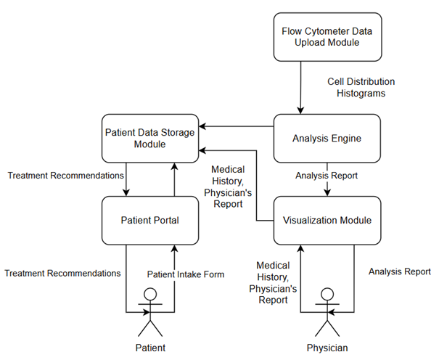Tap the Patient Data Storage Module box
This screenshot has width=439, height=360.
click(151, 138)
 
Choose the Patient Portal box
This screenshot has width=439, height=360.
click(151, 219)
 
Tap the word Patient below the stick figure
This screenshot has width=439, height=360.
click(151, 348)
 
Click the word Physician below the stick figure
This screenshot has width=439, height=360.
click(327, 348)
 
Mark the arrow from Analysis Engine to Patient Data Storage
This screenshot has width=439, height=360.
click(237, 128)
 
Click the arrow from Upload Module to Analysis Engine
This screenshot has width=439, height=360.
click(300, 87)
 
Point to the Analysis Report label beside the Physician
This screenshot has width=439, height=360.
click(399, 271)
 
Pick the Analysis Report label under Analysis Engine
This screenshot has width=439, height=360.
click(327, 176)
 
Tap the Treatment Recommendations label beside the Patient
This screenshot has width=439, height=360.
click(62, 273)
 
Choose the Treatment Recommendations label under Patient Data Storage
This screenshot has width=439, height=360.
click(66, 176)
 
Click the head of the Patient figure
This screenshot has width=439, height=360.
click(151, 295)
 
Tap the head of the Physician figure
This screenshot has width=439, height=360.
click(327, 295)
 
